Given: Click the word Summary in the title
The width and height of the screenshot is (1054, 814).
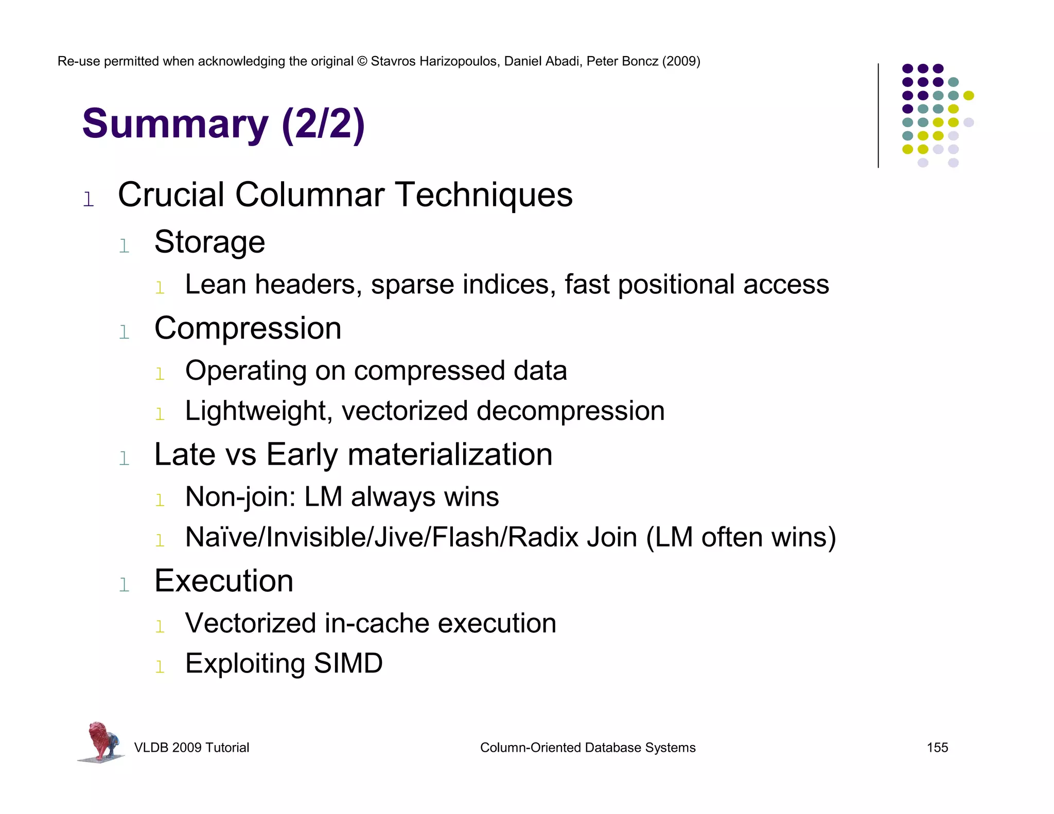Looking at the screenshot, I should tap(175, 125).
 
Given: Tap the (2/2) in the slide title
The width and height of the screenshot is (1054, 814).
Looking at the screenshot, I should tap(323, 125).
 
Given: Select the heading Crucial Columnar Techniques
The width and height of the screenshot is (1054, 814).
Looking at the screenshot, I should tap(345, 195).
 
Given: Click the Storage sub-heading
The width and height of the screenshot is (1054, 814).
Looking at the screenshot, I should tap(209, 242).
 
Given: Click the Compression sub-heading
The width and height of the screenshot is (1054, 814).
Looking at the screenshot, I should tap(248, 328).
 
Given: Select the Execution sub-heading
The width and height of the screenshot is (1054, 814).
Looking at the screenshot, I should tap(224, 581).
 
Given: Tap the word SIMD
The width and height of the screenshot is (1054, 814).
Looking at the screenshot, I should tap(348, 664).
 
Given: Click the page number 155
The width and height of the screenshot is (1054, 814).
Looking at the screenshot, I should tap(937, 748).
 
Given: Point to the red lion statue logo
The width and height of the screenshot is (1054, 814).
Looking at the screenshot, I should tap(101, 741).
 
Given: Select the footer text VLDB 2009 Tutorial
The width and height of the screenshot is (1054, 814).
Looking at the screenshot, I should tap(191, 748).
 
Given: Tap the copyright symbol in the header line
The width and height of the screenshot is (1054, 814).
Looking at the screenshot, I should tap(362, 61).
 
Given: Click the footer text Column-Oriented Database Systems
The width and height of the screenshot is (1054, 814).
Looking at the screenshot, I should tap(587, 748).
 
